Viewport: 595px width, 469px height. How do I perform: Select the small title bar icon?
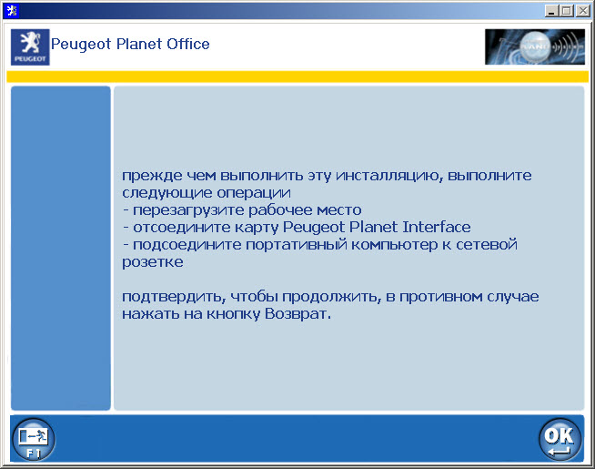10,10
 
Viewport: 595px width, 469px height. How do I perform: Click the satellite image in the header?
534,46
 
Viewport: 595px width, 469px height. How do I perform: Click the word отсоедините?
176,227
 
